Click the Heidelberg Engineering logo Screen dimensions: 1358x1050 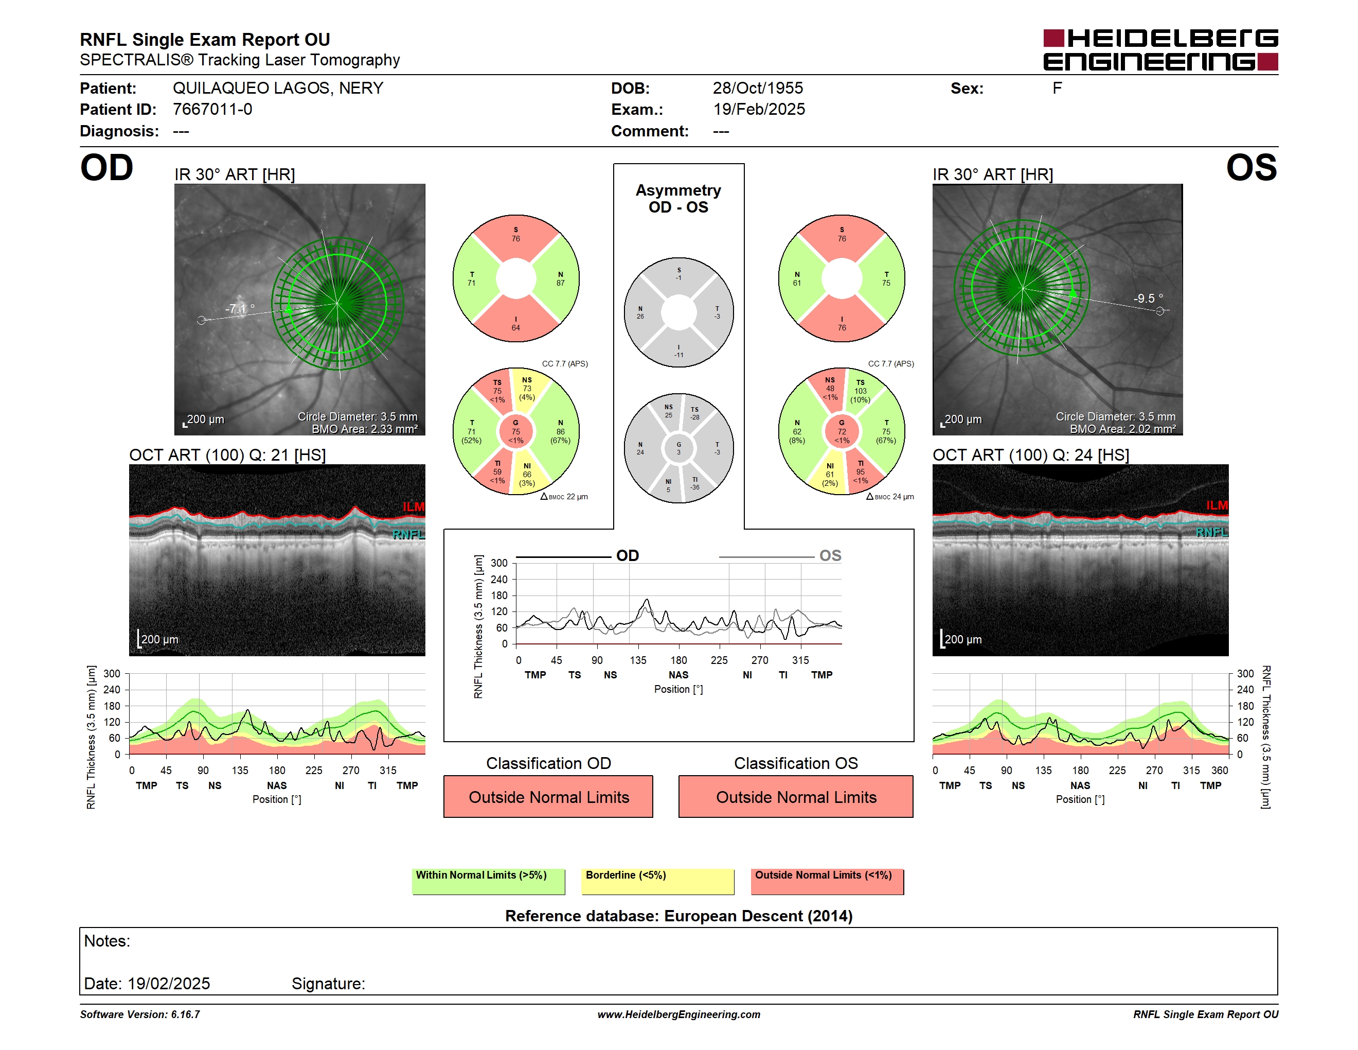pyautogui.click(x=1160, y=50)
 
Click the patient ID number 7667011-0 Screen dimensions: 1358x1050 pyautogui.click(x=212, y=110)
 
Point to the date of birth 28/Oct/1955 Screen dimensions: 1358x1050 pyautogui.click(x=757, y=89)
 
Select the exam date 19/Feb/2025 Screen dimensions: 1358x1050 pyautogui.click(x=759, y=110)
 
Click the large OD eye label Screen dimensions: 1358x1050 pyautogui.click(x=107, y=168)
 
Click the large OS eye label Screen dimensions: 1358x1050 pyautogui.click(x=1251, y=168)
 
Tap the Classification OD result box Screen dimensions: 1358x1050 pyautogui.click(x=548, y=796)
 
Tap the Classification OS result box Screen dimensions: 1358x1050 pyautogui.click(x=796, y=796)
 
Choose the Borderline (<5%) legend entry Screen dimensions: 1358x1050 pyautogui.click(x=658, y=881)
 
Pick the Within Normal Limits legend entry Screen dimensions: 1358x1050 pyautogui.click(x=488, y=881)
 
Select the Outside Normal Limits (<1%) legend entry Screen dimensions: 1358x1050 pyautogui.click(x=827, y=881)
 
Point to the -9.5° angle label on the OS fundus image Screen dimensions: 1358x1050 pyautogui.click(x=1148, y=299)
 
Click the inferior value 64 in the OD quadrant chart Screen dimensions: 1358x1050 pyautogui.click(x=515, y=328)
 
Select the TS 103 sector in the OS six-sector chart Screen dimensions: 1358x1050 pyautogui.click(x=860, y=391)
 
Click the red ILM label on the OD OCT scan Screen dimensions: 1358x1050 pyautogui.click(x=414, y=507)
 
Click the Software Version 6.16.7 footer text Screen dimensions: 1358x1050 pyautogui.click(x=140, y=1014)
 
